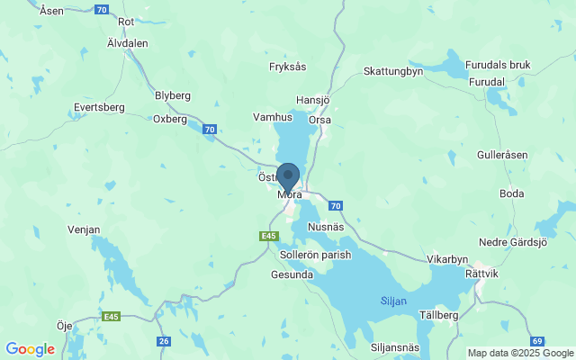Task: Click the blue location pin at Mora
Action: coord(288,175)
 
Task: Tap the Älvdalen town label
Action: coord(127,42)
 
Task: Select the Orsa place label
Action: coord(319,120)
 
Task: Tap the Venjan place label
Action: coord(84,229)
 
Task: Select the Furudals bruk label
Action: coord(498,65)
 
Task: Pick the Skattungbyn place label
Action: coord(393,71)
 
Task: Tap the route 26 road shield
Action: coord(163,341)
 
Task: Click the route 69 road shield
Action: coord(536,341)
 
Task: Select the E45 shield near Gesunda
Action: coord(266,235)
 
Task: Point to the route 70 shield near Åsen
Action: coord(101,10)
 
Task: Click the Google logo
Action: coord(30,349)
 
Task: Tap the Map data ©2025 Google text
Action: coord(520,353)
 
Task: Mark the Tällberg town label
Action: coord(439,315)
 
